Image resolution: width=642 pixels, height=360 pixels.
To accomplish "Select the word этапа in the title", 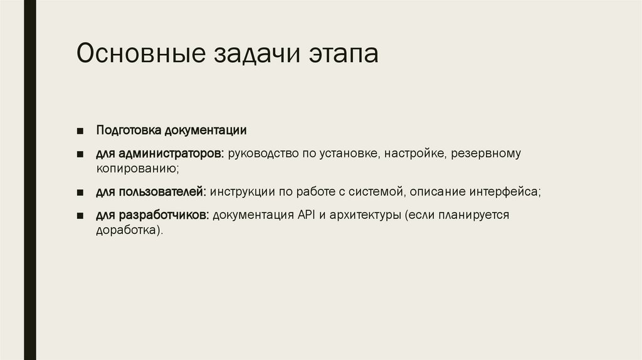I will (344, 55).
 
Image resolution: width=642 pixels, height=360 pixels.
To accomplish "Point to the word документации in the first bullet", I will (206, 130).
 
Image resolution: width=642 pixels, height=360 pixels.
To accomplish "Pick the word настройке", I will (414, 154).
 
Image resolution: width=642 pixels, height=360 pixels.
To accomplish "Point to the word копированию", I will (137, 169).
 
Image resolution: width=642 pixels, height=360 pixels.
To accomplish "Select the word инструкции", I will (241, 191).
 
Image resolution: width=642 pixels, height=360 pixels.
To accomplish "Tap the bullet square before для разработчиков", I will (81, 216).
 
